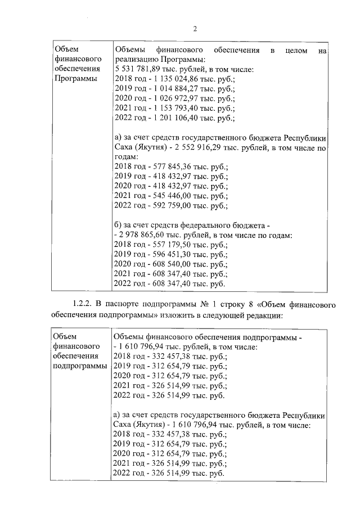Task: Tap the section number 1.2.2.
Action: [x=83, y=305]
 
